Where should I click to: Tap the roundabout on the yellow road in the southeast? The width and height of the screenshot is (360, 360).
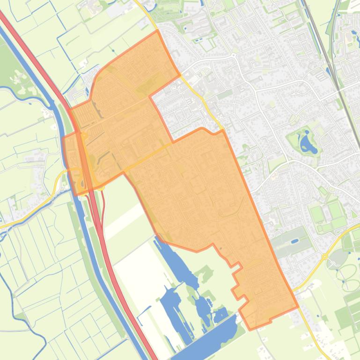(x=324, y=256)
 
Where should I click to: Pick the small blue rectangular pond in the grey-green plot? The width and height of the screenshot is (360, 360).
(x=294, y=241)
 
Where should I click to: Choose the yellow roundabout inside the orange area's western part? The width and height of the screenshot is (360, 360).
(x=84, y=136)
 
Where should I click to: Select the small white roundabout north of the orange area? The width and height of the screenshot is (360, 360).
(x=233, y=55)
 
